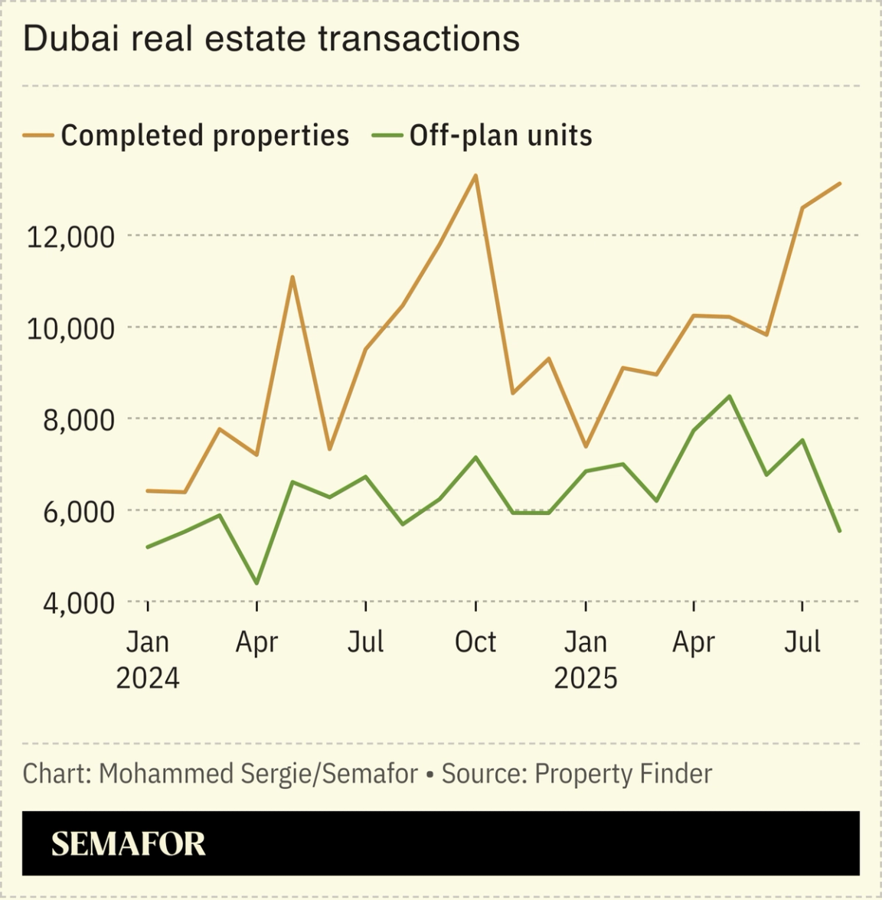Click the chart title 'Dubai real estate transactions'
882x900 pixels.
(271, 39)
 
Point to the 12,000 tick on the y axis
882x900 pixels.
(70, 237)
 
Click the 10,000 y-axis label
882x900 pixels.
(70, 328)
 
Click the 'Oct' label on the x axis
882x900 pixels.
(475, 642)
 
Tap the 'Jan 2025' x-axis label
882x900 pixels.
(586, 660)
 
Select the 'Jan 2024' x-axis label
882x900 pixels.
(147, 660)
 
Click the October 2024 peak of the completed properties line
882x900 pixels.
(476, 176)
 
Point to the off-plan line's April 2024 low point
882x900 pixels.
(256, 584)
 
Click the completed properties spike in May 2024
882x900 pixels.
(292, 277)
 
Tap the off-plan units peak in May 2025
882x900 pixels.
(730, 396)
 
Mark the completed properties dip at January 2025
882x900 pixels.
(586, 446)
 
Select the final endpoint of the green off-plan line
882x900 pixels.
(840, 530)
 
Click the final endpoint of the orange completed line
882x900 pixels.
(840, 184)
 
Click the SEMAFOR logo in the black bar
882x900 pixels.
(128, 844)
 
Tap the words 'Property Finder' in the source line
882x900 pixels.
(623, 774)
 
